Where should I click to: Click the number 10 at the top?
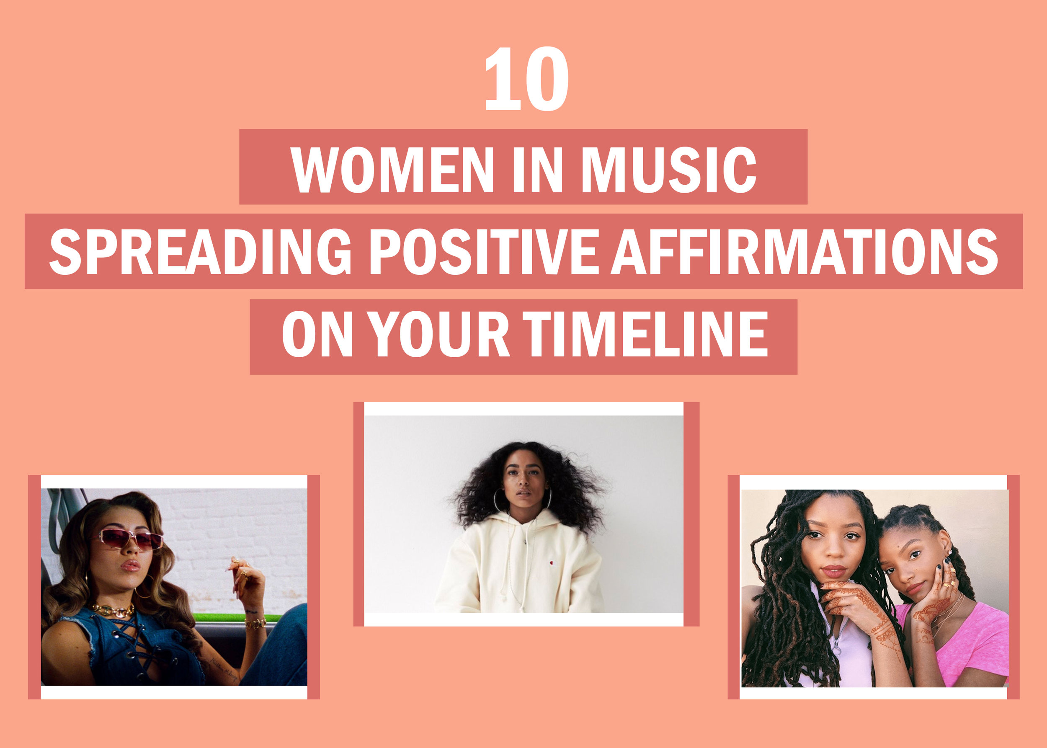526,79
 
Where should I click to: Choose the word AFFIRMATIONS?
804,252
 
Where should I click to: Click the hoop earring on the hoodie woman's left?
498,500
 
